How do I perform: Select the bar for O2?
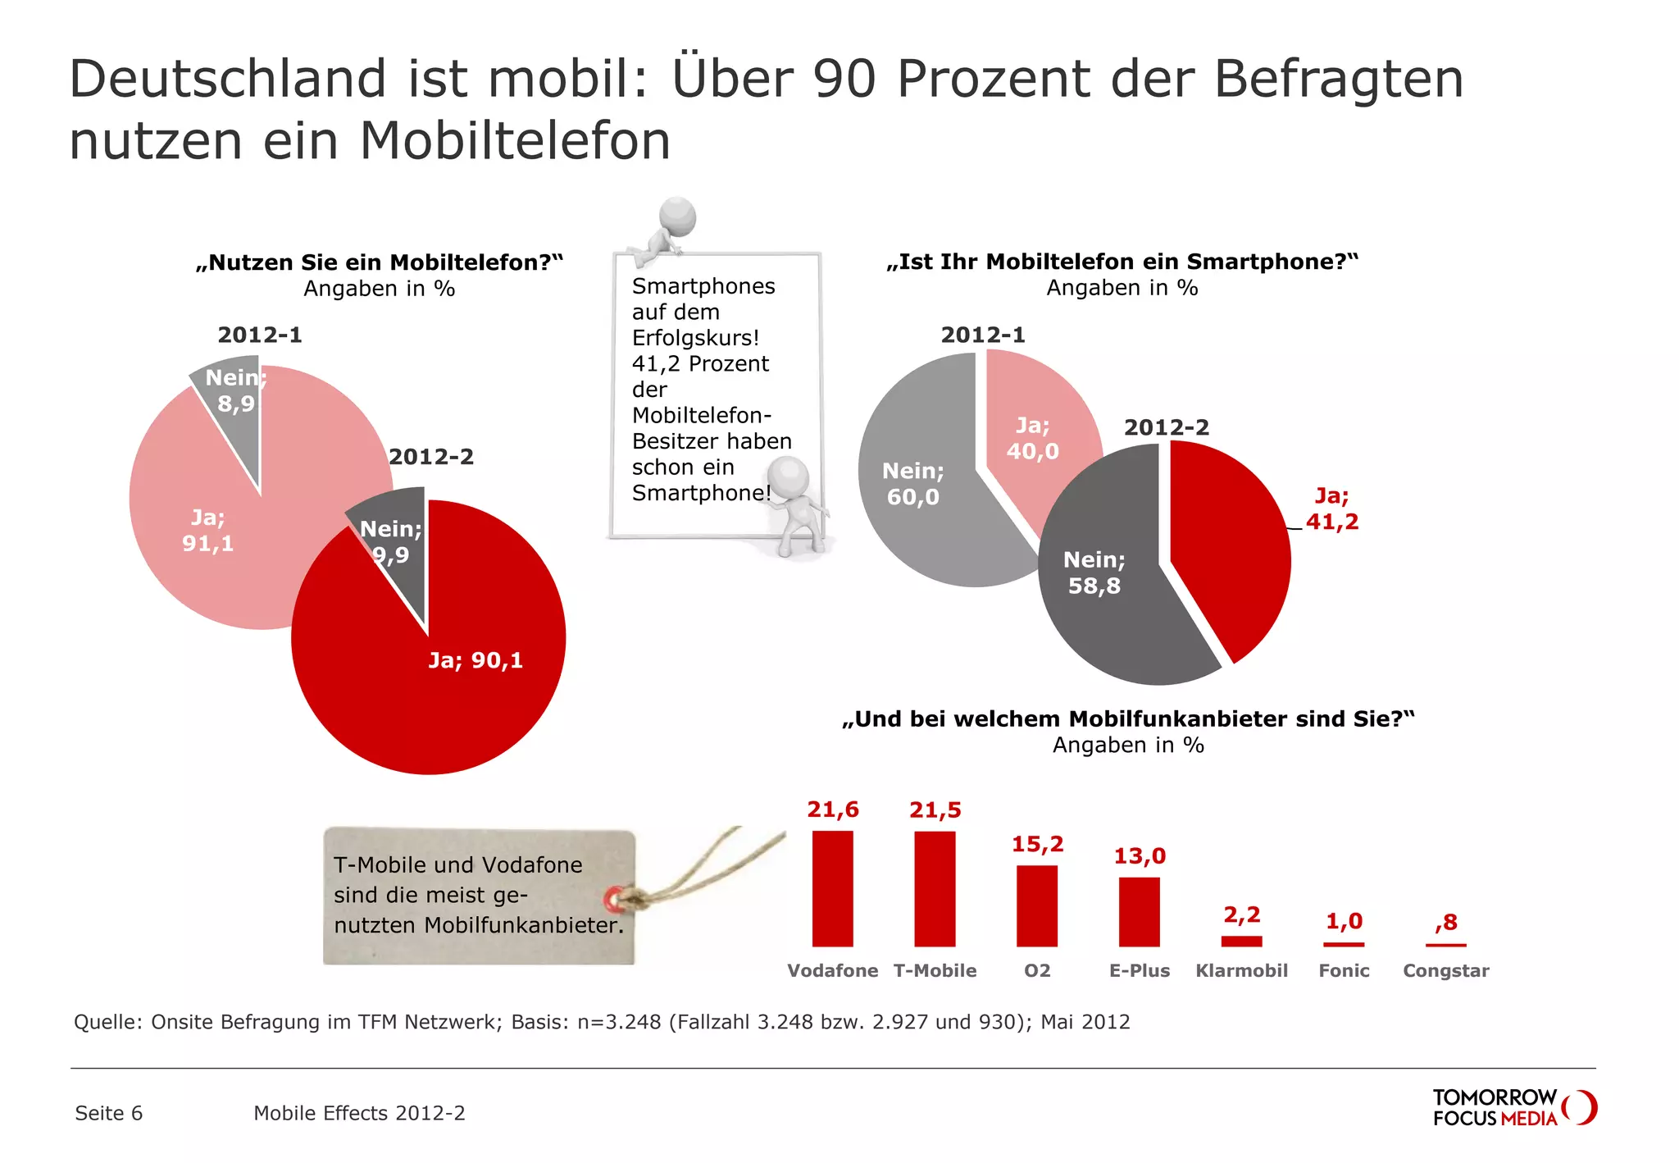point(1036,905)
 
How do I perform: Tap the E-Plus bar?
point(1139,911)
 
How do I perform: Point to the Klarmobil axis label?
point(1241,970)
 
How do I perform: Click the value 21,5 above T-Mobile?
point(935,810)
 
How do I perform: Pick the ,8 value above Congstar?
point(1446,923)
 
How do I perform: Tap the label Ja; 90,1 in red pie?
point(475,660)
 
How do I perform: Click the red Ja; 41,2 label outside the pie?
point(1331,509)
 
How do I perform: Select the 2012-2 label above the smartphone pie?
point(1166,427)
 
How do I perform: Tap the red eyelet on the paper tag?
point(613,900)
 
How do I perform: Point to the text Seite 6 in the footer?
point(108,1113)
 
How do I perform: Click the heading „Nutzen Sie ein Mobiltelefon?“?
point(380,262)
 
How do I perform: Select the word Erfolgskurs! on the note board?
point(695,338)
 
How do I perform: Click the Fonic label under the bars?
point(1344,970)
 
